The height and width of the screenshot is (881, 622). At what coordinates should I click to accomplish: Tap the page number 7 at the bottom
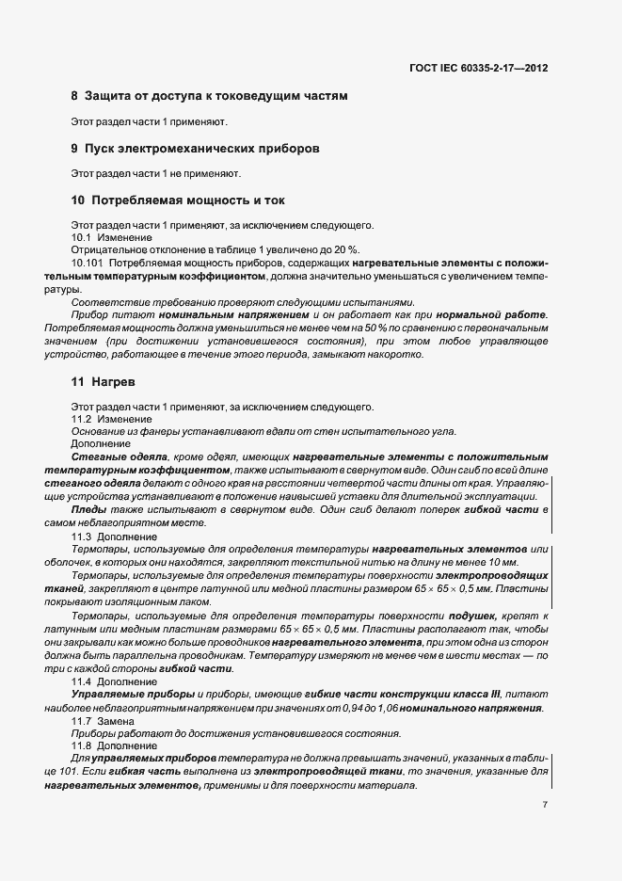point(545,805)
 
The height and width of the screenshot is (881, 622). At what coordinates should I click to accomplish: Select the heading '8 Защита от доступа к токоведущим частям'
point(209,96)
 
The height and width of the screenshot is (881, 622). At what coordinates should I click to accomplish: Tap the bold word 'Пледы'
point(88,508)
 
